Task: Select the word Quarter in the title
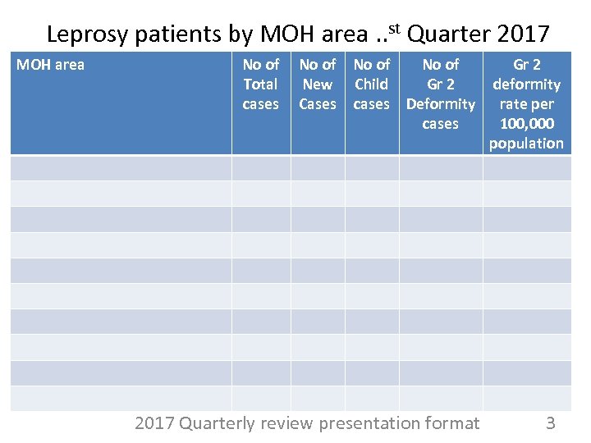(x=447, y=34)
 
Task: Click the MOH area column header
(x=50, y=64)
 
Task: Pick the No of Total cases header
(x=260, y=84)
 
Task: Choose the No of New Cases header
(x=317, y=84)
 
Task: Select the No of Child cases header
(x=371, y=84)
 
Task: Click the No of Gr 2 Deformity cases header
(x=440, y=94)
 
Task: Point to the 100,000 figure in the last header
(x=526, y=124)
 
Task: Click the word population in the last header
(x=526, y=144)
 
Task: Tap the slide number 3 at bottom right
(x=551, y=423)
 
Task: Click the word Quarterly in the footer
(x=216, y=423)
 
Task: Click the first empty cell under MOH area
(x=121, y=167)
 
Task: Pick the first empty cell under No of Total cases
(x=260, y=167)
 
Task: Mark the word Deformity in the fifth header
(x=440, y=104)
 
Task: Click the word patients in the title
(x=162, y=34)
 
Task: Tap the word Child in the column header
(x=371, y=84)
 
